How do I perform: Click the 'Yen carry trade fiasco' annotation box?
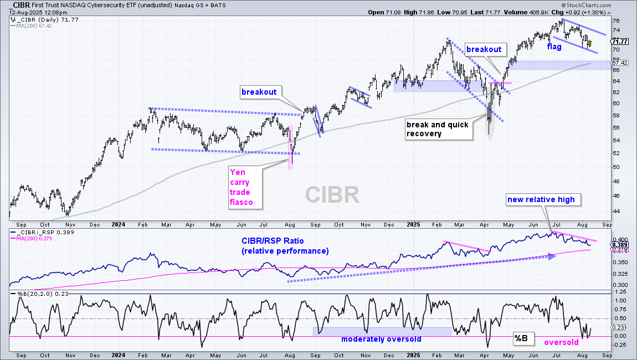coord(245,187)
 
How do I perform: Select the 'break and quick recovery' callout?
coord(439,129)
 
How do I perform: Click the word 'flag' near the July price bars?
coord(554,47)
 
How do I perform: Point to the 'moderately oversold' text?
coord(381,340)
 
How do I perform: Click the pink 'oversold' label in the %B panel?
coord(562,342)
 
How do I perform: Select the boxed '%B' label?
coord(521,338)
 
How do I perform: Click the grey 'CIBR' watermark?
coord(332,194)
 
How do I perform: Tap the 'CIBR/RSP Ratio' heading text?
coord(273,241)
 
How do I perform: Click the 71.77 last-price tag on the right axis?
coord(620,42)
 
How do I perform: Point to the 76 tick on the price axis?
coord(616,20)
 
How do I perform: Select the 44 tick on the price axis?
coord(616,211)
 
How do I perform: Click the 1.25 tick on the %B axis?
coord(620,292)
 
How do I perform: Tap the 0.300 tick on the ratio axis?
coord(620,285)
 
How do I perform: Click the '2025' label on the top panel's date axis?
coord(414,224)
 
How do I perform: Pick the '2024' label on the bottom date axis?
coord(118,355)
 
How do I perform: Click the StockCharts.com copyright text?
coord(586,6)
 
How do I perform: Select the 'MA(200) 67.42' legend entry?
coord(34,25)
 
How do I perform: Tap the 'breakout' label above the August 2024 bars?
coord(259,92)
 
